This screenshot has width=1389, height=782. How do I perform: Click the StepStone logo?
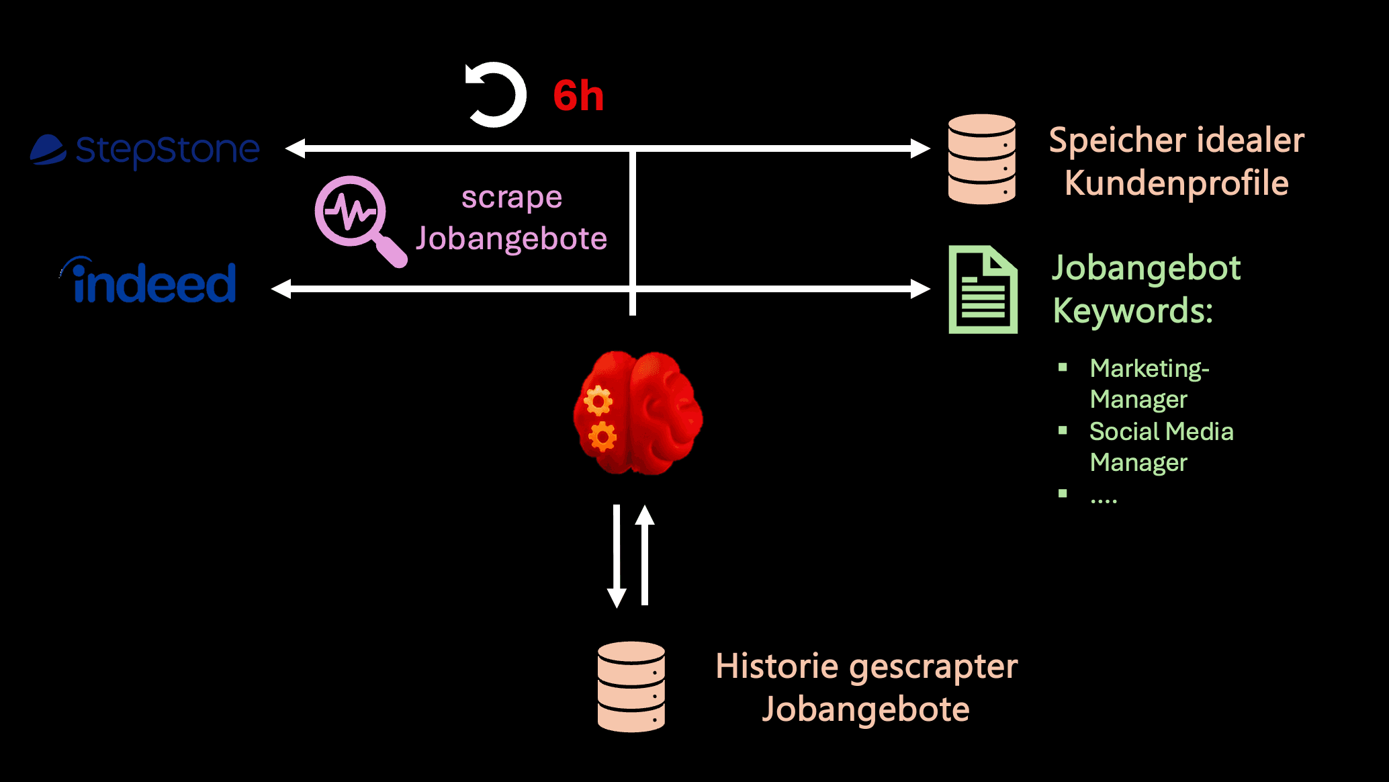[x=145, y=150]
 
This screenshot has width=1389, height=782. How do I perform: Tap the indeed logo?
[x=152, y=281]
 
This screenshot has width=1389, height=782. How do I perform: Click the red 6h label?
[x=578, y=95]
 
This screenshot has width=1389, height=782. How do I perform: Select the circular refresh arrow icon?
[x=496, y=95]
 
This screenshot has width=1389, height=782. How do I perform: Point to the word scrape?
[x=511, y=198]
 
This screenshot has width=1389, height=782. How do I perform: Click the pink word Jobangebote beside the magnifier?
[x=511, y=239]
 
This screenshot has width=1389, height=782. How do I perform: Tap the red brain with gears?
[x=637, y=412]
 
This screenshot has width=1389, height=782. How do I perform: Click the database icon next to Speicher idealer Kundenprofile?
[x=981, y=159]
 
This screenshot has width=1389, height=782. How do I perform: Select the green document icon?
[x=982, y=290]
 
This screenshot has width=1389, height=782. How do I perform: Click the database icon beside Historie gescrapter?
[x=631, y=686]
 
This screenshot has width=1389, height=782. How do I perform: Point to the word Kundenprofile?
[x=1176, y=183]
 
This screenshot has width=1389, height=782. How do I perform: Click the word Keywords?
[x=1132, y=311]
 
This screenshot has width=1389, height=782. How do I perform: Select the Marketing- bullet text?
[x=1149, y=369]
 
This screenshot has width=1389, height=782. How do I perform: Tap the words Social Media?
[x=1161, y=431]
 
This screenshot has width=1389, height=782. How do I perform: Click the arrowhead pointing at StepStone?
[x=294, y=148]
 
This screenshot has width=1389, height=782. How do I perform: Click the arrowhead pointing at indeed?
[x=280, y=289]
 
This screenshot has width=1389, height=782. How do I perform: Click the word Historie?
[x=776, y=666]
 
